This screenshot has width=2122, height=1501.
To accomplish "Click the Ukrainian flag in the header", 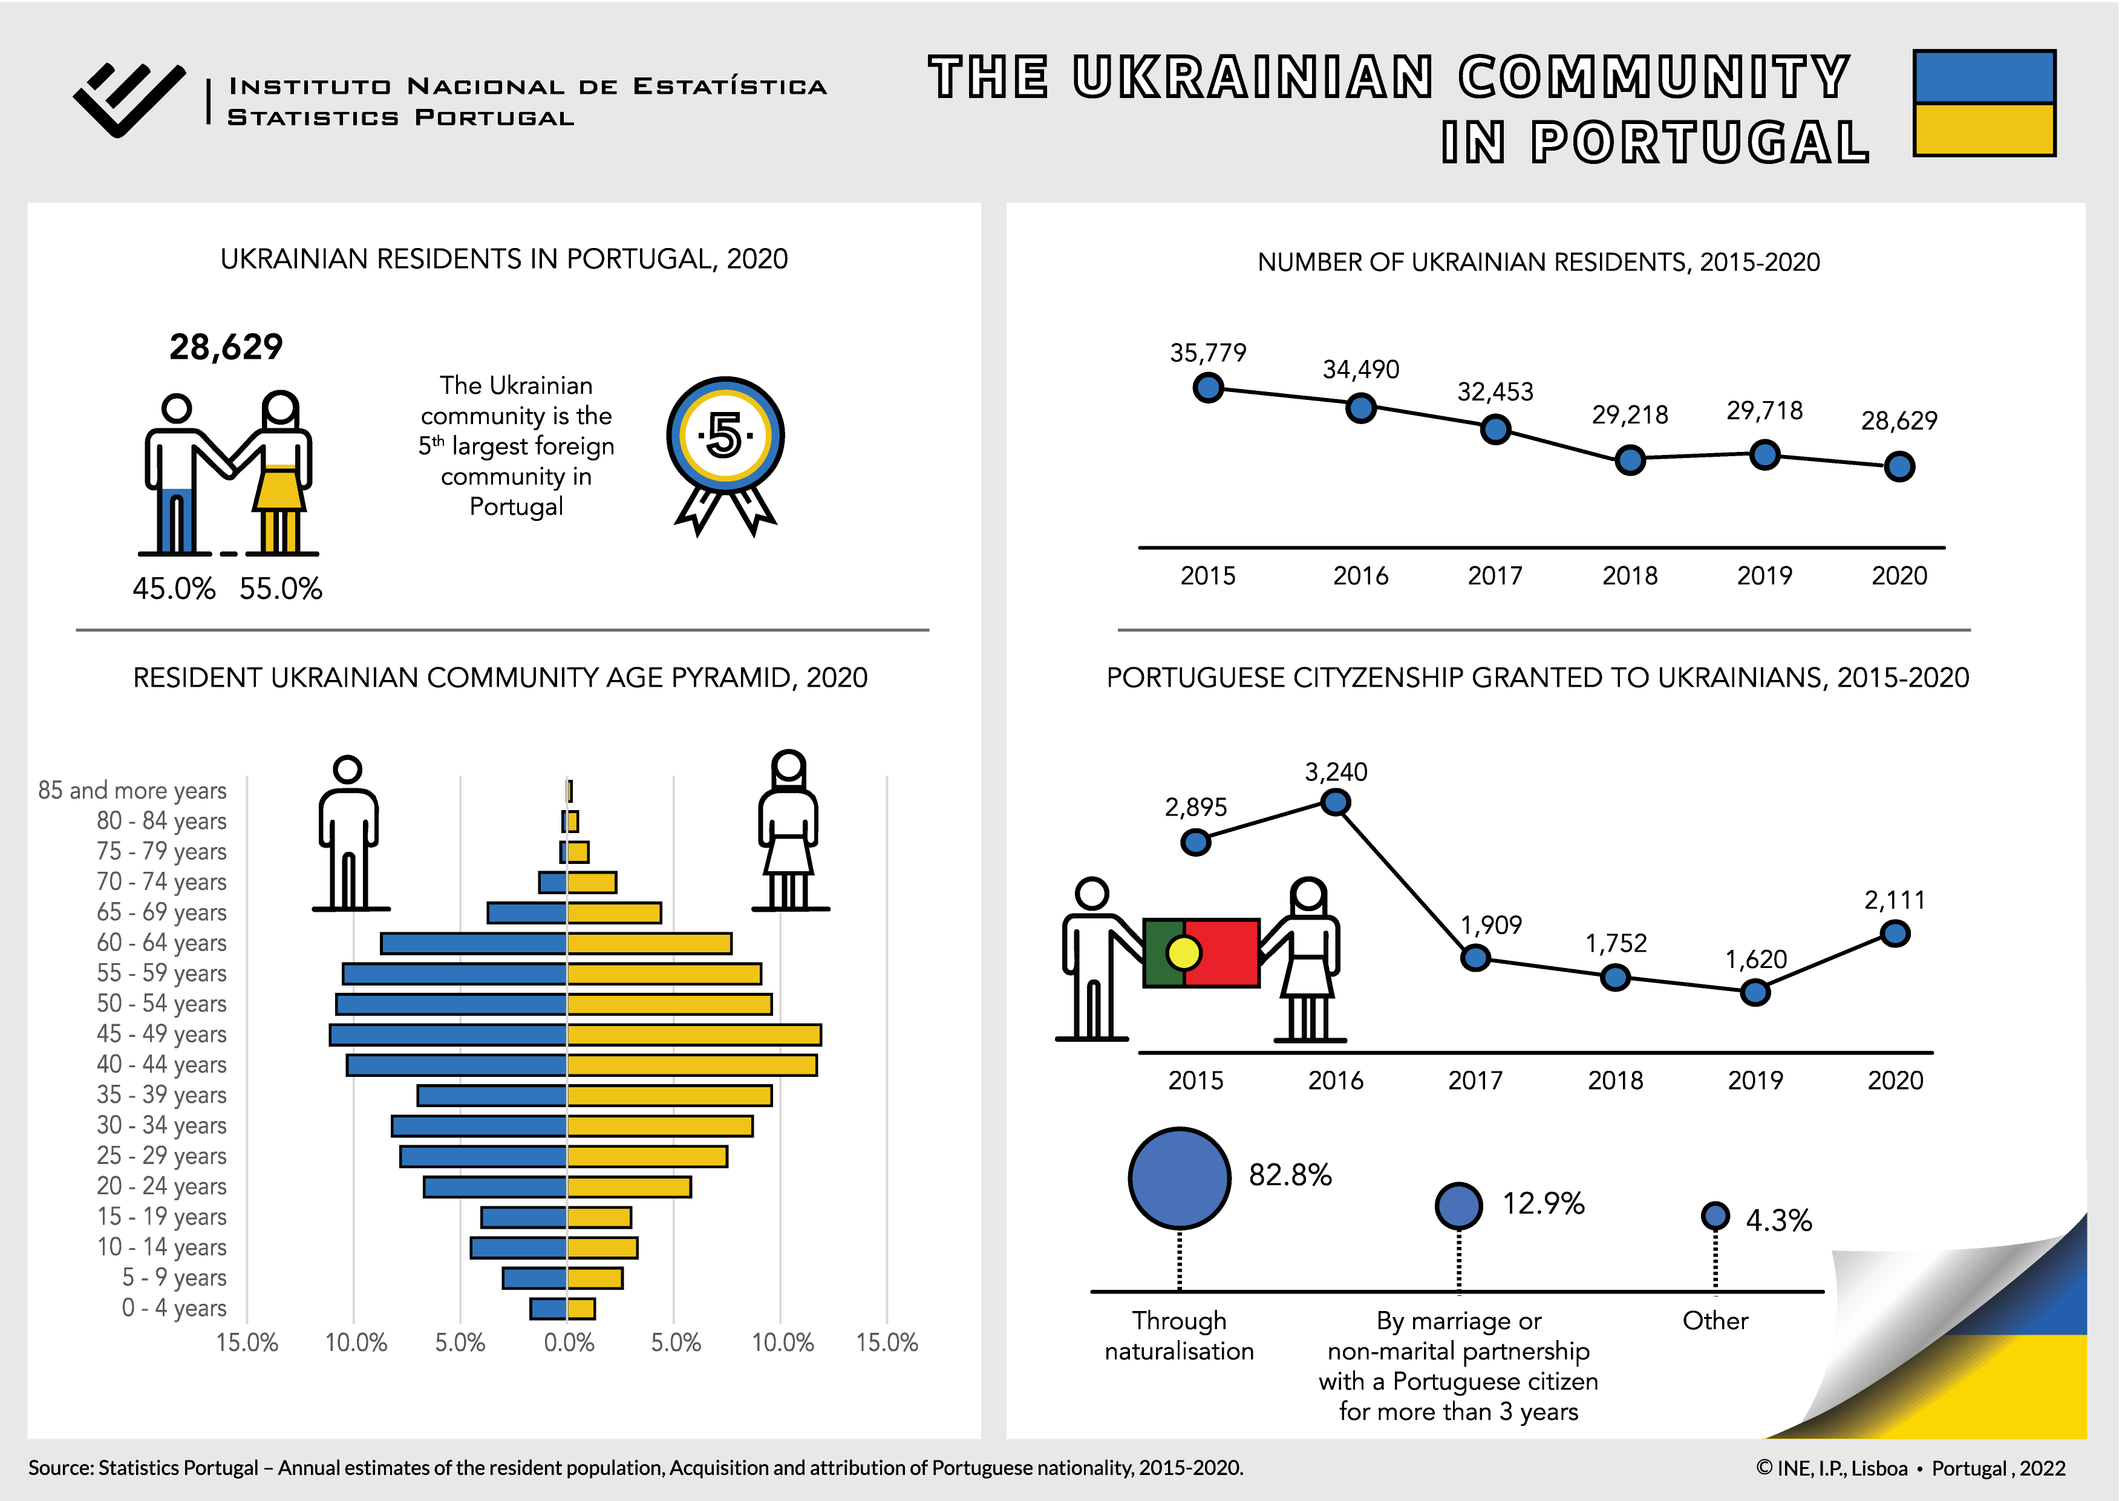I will coord(1983,103).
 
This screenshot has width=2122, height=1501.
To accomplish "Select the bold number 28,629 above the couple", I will coord(226,347).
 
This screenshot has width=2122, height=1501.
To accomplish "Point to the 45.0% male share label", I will coord(174,589).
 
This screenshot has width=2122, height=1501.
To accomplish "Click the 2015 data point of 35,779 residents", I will coord(1208,388).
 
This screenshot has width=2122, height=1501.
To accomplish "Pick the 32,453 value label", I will coord(1495,392).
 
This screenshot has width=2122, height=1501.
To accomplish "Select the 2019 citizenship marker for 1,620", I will coord(1755,993).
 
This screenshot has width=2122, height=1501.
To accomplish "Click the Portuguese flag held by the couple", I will coord(1201,953).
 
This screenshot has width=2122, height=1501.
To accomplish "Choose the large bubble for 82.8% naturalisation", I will coord(1180,1179).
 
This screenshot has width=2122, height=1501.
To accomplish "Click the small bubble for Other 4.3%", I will coord(1716,1215).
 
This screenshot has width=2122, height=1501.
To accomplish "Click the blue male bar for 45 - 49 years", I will coord(448,1035).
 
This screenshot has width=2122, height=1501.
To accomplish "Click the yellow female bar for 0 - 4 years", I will coord(581,1309).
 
